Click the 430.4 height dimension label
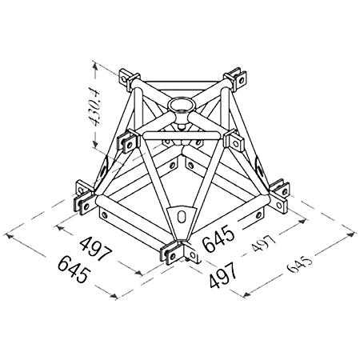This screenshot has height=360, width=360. click(x=95, y=107)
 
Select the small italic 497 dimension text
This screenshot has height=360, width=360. click(x=263, y=243)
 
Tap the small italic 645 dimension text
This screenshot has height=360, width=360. click(x=299, y=265)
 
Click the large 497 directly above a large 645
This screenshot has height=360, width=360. click(x=96, y=249)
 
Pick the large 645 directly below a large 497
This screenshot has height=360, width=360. click(x=74, y=268)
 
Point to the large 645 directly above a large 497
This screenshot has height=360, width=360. click(x=218, y=238)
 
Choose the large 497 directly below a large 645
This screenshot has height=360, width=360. click(x=223, y=274)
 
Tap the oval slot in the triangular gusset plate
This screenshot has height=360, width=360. click(x=182, y=216)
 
